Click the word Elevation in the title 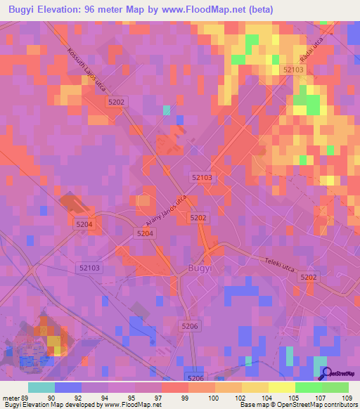coord(64,10)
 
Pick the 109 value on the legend coord(345,398)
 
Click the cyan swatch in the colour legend coord(41,387)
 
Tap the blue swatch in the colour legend coord(68,387)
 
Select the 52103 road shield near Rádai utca coord(293,70)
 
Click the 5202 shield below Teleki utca coord(309,278)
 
